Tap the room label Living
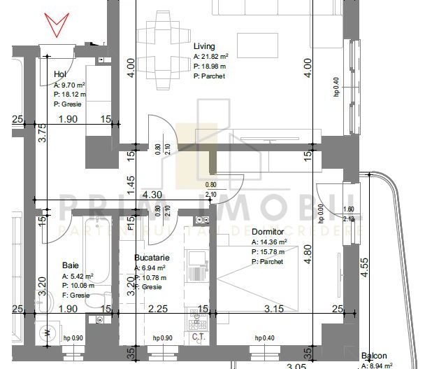(203, 46)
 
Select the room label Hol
(60, 74)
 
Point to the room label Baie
(70, 265)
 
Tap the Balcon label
(374, 356)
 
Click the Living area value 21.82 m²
(215, 56)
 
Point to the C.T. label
(198, 338)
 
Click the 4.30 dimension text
(153, 195)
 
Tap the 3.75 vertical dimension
(42, 133)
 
